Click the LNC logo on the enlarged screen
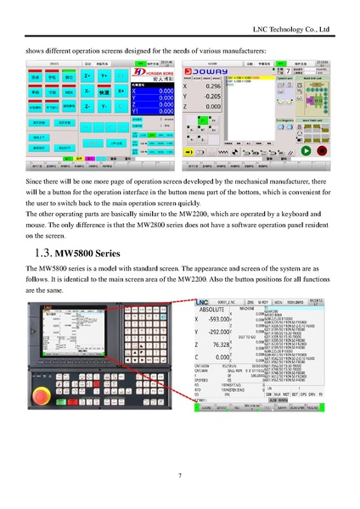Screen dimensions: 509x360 [204, 301]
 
